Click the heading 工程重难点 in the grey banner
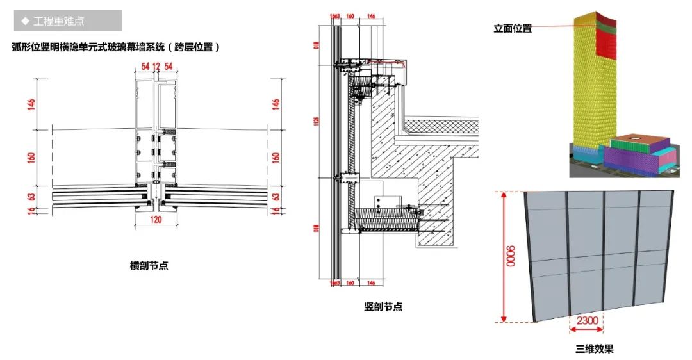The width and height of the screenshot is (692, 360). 58,21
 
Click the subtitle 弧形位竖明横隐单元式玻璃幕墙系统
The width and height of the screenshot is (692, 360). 115,47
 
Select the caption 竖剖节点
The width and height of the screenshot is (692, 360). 383,307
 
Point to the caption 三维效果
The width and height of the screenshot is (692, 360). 594,349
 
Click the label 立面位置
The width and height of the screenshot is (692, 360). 512,28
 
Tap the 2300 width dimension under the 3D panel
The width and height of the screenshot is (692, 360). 587,320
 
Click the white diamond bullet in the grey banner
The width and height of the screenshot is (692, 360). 25,21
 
